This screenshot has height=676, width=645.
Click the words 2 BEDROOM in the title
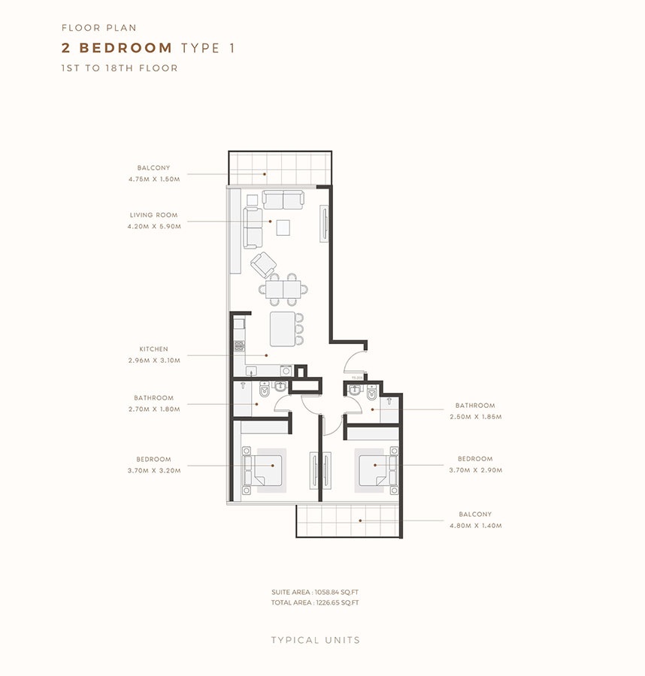click(117, 49)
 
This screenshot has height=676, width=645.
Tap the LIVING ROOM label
click(154, 215)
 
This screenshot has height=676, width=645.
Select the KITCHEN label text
click(153, 349)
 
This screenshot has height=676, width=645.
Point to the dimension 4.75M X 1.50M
click(154, 179)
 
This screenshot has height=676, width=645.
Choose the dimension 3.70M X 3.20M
click(154, 469)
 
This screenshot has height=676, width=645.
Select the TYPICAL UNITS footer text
click(316, 640)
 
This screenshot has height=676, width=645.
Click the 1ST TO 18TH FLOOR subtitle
click(120, 68)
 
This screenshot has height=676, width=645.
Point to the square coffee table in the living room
click(283, 226)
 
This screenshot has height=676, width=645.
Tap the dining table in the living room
click(283, 289)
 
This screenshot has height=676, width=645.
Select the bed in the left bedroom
click(266, 470)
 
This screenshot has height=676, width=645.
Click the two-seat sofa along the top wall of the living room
click(283, 200)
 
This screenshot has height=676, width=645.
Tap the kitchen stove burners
click(239, 346)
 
